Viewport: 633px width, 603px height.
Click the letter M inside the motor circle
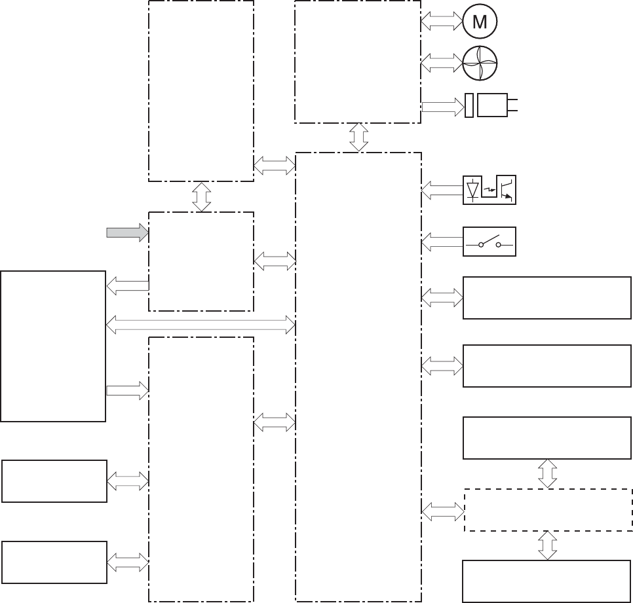point(480,22)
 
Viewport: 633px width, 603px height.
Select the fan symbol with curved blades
point(480,64)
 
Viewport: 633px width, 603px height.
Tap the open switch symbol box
point(489,242)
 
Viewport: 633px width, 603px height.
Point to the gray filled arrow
point(128,232)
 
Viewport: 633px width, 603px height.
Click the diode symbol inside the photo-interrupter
point(472,190)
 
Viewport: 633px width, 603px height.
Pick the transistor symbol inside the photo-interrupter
point(506,190)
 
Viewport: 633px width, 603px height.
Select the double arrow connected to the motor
point(442,22)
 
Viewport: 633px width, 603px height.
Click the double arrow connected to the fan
point(442,64)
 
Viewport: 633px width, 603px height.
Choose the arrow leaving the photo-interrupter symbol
point(442,191)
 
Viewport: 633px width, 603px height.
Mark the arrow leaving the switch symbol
point(442,243)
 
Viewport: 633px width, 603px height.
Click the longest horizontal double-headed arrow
point(201,323)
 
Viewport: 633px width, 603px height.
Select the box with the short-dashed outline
point(548,510)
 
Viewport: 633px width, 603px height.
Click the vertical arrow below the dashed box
point(548,545)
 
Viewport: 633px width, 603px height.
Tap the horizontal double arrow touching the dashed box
point(442,510)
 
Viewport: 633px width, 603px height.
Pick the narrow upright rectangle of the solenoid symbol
point(469,105)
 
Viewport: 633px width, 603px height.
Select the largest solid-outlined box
point(53,346)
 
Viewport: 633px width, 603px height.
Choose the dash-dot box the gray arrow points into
point(201,261)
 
